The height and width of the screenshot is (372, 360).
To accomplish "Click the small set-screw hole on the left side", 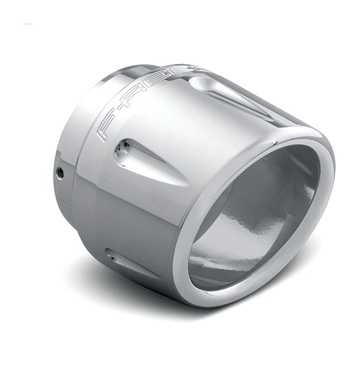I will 60,173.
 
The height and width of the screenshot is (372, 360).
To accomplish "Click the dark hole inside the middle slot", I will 121,150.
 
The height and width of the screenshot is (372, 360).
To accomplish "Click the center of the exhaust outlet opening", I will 255,220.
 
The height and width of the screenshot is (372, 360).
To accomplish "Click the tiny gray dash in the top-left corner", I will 27,24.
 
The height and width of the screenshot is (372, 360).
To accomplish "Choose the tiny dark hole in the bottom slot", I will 110,255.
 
